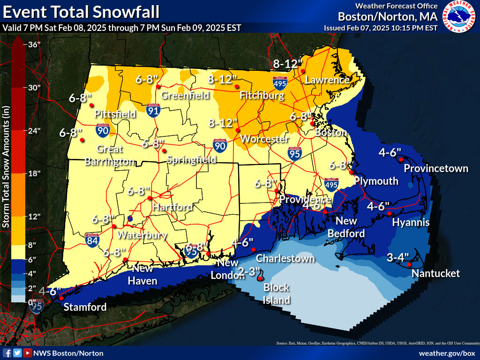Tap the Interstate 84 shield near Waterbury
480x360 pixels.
(93, 240)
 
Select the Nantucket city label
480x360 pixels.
(436, 273)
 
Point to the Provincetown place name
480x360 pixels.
(436, 168)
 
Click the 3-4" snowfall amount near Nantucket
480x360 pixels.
(398, 257)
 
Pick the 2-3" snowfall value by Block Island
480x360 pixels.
(249, 271)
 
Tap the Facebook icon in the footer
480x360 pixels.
(7, 353)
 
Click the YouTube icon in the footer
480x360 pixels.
(28, 353)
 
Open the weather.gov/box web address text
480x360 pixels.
(447, 353)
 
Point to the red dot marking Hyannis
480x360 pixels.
(389, 214)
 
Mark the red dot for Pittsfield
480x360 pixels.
(91, 105)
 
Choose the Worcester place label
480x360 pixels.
(264, 139)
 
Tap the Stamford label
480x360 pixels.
(85, 307)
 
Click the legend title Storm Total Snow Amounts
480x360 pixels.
(6, 167)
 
